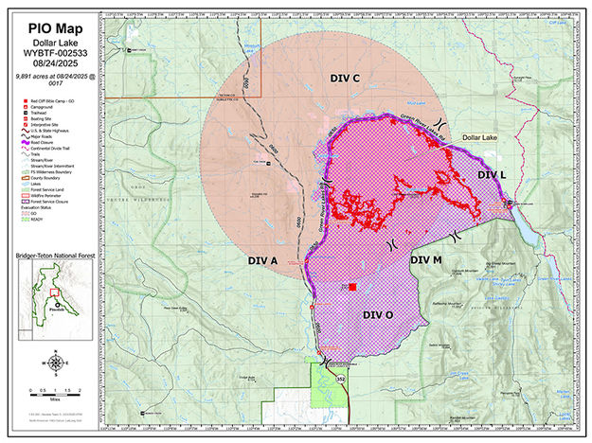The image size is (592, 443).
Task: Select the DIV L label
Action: coord(492,176)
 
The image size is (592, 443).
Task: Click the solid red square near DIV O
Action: coord(352,287)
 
